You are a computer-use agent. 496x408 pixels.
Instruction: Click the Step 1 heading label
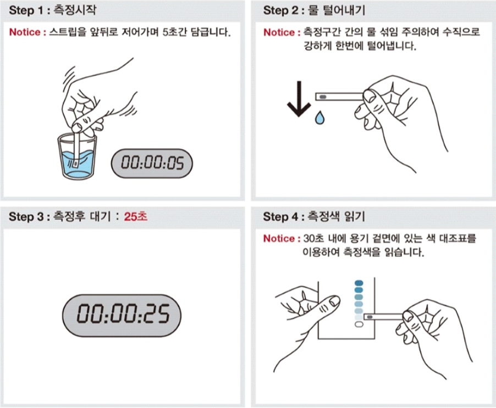pos(52,10)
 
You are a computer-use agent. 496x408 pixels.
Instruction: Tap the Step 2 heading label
pos(314,10)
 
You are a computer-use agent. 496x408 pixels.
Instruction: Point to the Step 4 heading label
pos(314,217)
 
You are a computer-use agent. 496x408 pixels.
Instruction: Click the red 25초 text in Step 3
pos(135,217)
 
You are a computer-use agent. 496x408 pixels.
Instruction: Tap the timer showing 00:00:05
pos(152,163)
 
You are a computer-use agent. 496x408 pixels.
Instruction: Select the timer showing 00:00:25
pos(122,315)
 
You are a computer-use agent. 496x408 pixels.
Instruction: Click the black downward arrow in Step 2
pos(299,99)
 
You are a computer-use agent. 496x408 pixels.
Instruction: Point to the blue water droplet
pos(319,118)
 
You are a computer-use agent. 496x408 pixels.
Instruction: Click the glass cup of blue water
pos(78,157)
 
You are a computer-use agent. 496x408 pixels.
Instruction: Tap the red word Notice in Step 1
pos(25,32)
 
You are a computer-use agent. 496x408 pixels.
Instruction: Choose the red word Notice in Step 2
pos(279,32)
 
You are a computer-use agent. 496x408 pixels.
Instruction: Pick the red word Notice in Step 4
pos(279,238)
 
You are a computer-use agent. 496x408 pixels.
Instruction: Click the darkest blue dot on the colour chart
pos(359,283)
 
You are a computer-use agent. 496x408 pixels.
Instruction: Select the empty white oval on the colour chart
pos(359,325)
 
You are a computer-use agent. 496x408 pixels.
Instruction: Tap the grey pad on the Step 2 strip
pos(323,97)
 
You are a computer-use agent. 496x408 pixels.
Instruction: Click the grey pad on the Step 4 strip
pos(370,317)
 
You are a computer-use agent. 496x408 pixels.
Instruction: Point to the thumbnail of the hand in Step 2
pos(369,96)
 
